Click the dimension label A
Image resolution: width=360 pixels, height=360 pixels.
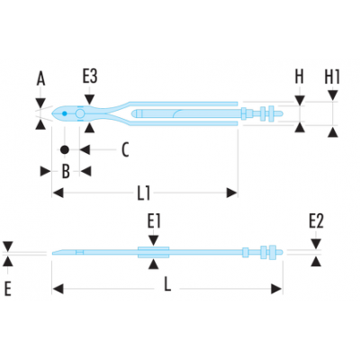pos(40,79)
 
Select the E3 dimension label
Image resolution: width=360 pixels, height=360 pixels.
pos(90,76)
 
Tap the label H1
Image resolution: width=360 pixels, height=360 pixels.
pos(332,76)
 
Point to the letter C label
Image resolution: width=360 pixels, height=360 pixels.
pos(125,149)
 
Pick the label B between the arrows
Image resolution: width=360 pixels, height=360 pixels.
pos(66,172)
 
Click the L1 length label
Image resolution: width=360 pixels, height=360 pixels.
pos(144,193)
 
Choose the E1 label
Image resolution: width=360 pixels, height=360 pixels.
pos(154,221)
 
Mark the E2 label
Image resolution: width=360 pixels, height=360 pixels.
pos(317,221)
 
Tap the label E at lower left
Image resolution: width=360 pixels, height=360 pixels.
pos(8,289)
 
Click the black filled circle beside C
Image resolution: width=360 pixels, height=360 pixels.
pos(65,149)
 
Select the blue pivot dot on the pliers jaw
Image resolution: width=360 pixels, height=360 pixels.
pos(64,113)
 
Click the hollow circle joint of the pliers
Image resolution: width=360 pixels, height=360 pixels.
pos(80,113)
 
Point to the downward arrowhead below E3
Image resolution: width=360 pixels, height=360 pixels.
pos(90,99)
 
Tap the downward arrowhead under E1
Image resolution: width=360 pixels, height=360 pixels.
pos(154,240)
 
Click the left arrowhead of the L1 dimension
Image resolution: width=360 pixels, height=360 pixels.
pos(58,193)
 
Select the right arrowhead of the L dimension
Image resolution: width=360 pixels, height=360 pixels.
pos(276,289)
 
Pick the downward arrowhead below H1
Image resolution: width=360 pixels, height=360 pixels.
pos(333,95)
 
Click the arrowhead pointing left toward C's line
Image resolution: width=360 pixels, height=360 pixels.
pos(85,149)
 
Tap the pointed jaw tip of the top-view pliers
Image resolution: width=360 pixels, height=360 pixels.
pos(52,113)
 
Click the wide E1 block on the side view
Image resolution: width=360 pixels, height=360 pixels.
pos(154,252)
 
